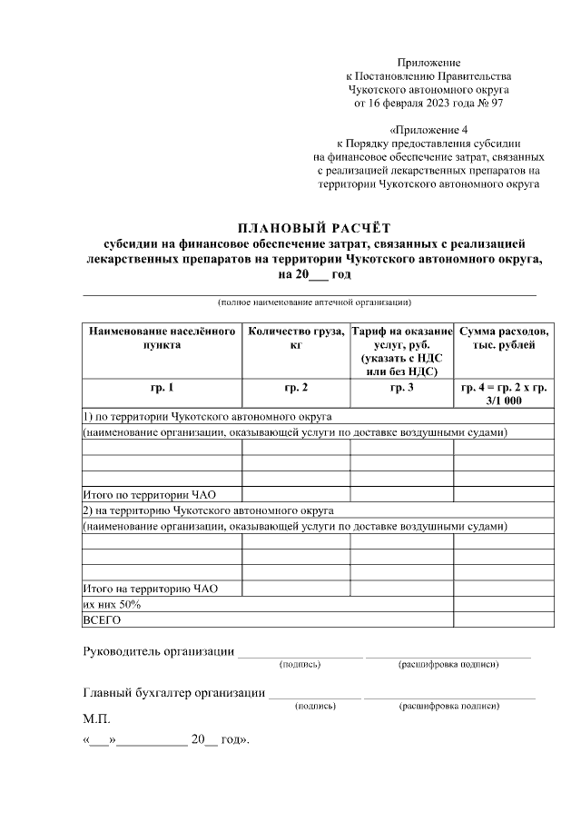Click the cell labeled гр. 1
(x=162, y=388)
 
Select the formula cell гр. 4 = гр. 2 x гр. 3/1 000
(x=504, y=393)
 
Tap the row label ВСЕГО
(x=102, y=619)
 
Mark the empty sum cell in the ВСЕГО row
(x=504, y=619)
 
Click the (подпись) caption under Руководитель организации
(x=300, y=665)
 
